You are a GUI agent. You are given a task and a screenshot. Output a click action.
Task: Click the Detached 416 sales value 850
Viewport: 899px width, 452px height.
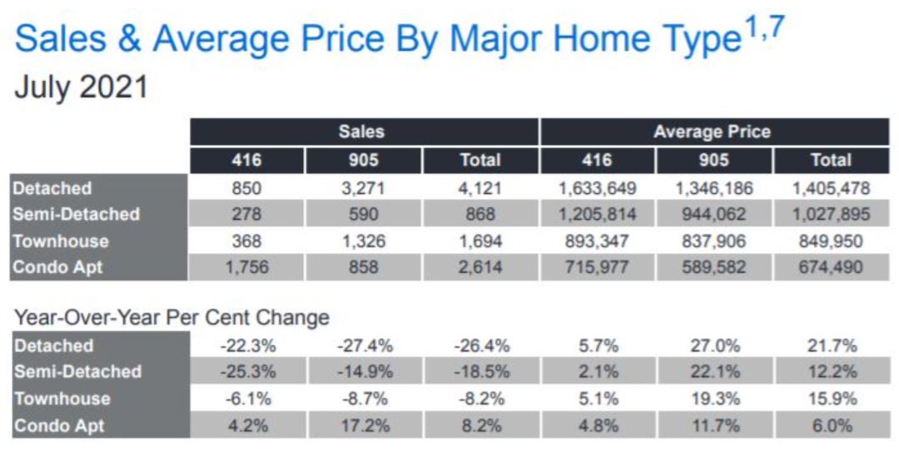(x=246, y=189)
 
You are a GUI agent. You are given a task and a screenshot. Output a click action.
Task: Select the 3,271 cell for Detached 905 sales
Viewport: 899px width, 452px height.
(x=364, y=189)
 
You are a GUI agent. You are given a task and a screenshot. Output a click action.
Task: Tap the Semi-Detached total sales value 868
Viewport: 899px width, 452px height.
(x=480, y=215)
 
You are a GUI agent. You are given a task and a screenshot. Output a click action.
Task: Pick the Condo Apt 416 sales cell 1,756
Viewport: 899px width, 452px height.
(x=246, y=267)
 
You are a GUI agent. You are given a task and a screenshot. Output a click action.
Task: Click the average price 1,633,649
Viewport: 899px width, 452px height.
(x=597, y=189)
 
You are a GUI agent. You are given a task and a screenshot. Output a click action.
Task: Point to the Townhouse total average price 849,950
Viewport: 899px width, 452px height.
(x=831, y=241)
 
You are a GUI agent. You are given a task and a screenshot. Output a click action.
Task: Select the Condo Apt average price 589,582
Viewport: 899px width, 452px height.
(x=714, y=267)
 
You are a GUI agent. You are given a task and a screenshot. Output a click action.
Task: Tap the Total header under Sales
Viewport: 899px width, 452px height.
(x=480, y=160)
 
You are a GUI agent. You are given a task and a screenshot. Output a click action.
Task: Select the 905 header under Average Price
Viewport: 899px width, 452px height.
(x=714, y=160)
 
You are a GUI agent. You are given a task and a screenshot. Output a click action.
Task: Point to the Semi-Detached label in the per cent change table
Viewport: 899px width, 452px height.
(x=77, y=371)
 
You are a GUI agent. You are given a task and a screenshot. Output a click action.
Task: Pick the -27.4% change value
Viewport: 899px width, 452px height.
(x=364, y=345)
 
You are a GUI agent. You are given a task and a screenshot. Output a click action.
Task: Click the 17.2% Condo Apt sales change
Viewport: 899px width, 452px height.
(x=364, y=425)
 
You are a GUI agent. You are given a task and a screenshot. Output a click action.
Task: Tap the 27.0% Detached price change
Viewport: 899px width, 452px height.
(x=714, y=345)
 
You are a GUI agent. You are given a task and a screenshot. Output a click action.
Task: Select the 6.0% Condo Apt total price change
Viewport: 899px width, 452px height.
(x=831, y=425)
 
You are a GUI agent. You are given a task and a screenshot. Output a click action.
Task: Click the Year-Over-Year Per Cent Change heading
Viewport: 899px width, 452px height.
(x=171, y=317)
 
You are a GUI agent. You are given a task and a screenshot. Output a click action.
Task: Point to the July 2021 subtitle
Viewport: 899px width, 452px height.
(x=81, y=87)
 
